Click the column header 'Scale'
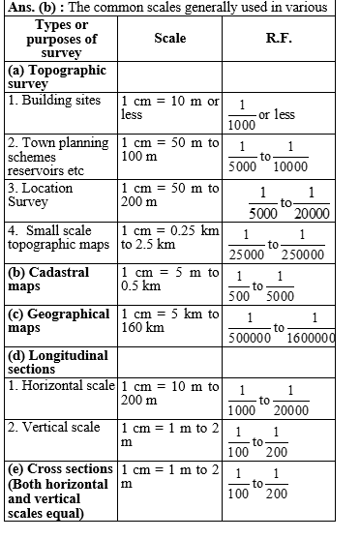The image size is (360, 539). pos(169,39)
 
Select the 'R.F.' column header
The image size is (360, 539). pos(279,39)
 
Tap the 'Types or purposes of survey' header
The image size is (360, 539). pos(59,39)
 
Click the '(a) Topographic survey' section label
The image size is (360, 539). pos(57,76)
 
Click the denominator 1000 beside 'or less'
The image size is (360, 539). pos(243,124)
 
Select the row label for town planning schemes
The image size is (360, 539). pos(59,156)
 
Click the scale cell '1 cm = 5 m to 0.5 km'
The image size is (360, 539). pos(170,280)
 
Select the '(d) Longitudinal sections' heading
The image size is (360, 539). pos(53,362)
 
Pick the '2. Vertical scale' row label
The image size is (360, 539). pos(53,427)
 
